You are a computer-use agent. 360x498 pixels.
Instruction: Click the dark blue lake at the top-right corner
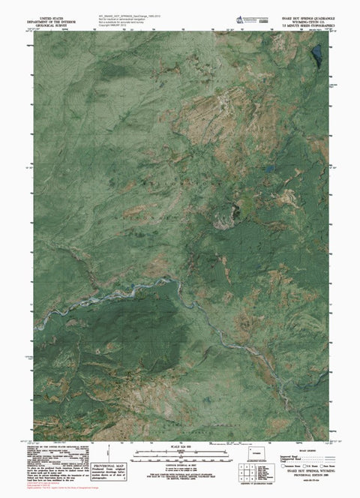pos(317,54)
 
